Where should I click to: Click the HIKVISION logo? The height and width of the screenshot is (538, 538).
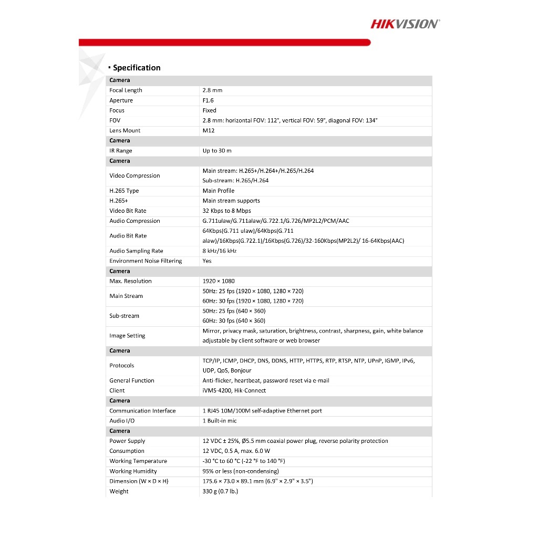[405, 24]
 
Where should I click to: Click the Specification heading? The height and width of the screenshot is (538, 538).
[137, 68]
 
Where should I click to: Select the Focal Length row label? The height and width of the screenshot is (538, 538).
[126, 90]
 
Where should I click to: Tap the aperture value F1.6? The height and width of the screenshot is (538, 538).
[208, 100]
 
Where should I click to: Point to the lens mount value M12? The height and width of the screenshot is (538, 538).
[209, 130]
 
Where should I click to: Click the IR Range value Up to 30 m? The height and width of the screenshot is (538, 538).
[217, 151]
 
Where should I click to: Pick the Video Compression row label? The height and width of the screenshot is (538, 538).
[134, 175]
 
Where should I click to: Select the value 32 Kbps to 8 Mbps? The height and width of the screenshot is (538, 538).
[227, 211]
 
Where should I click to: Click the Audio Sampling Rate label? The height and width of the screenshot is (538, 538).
[136, 251]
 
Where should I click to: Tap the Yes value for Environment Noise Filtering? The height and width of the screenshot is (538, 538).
[207, 261]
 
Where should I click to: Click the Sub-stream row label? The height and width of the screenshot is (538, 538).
[124, 316]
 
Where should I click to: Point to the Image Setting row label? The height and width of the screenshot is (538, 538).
[127, 336]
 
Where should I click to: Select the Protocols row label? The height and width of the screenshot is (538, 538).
[121, 366]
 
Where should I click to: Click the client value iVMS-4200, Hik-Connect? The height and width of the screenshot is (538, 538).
[234, 390]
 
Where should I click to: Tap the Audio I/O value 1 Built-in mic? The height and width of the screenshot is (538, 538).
[220, 420]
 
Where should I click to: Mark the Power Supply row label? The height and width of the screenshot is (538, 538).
[127, 441]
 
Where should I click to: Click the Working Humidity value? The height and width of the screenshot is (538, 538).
[241, 471]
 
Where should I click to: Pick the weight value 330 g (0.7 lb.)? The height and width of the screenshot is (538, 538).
[220, 491]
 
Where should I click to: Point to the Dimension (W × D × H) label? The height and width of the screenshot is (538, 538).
[139, 481]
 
